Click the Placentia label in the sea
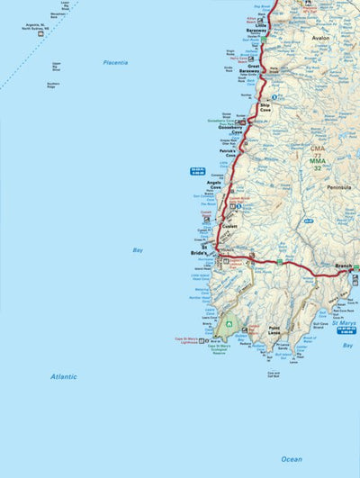[115, 62]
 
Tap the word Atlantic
[64, 376]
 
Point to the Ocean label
[291, 459]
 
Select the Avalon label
[320, 39]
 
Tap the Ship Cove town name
[265, 107]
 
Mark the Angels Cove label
[214, 185]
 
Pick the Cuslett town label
[229, 226]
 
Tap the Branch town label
[343, 266]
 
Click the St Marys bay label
[342, 323]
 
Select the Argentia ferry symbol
[40, 33]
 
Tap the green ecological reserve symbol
[230, 324]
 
